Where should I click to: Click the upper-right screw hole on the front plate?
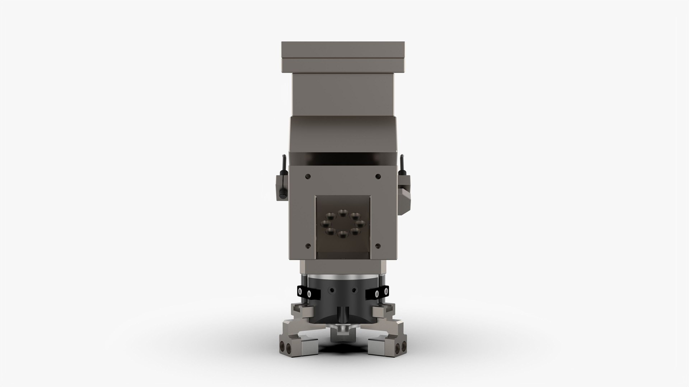(x=378, y=176)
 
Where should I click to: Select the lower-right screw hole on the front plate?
(x=378, y=246)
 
